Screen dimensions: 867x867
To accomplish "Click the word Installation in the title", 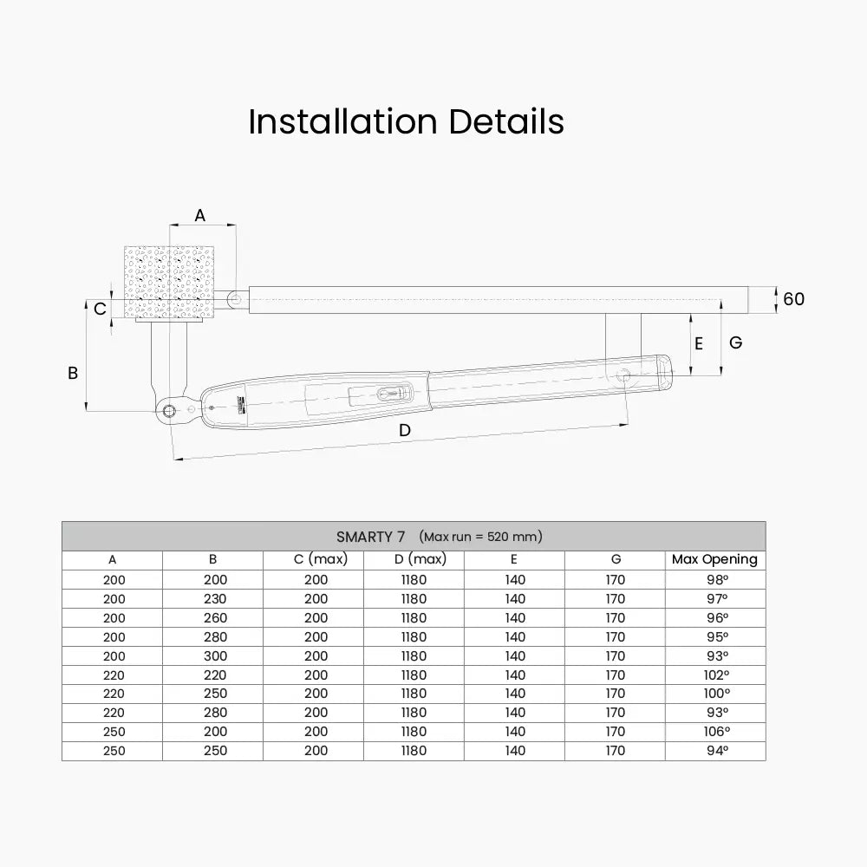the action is click(x=342, y=121).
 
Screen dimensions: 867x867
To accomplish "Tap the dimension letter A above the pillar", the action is click(x=200, y=215).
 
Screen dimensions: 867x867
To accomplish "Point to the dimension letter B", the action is click(x=73, y=373).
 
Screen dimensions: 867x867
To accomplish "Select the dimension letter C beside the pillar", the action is click(x=100, y=309).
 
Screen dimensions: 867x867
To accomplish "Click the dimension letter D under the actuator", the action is click(x=405, y=430).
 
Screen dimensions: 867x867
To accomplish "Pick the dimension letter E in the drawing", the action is click(x=698, y=344).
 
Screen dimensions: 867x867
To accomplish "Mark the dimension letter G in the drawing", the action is click(x=735, y=342).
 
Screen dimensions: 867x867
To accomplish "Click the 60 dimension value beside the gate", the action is click(x=793, y=299).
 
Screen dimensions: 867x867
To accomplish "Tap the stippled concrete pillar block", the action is click(x=169, y=282).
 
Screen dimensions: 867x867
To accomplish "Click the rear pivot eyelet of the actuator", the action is click(x=169, y=411).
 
